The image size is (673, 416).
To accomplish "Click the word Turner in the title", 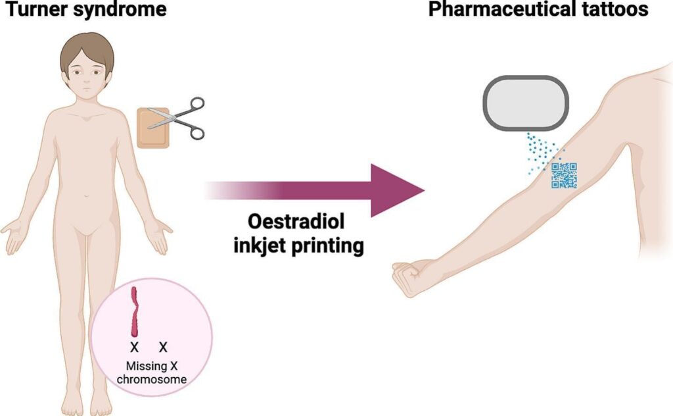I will (x=30, y=10).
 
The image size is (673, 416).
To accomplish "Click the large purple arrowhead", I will (x=394, y=190).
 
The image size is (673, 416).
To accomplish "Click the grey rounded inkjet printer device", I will (x=524, y=101).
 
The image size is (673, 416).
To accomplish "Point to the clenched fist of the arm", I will (x=409, y=276).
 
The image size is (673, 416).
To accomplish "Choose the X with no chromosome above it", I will (x=164, y=347).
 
